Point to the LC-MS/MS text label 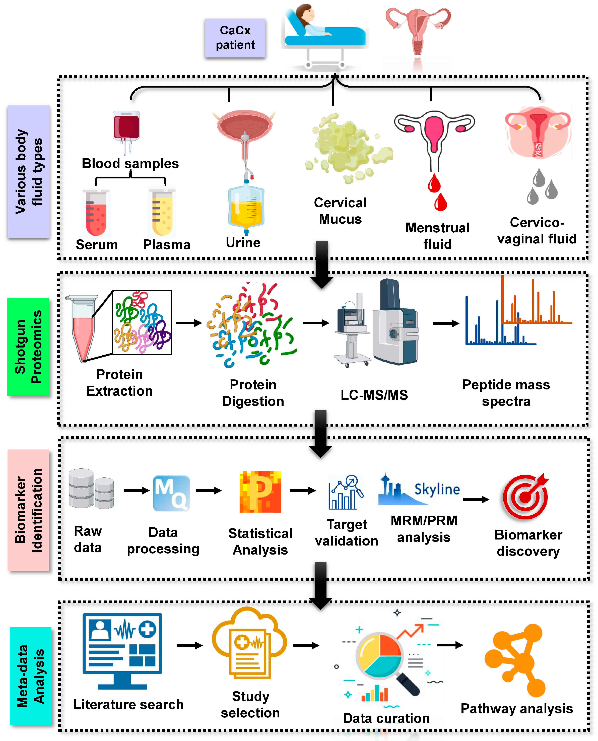[374, 395]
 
